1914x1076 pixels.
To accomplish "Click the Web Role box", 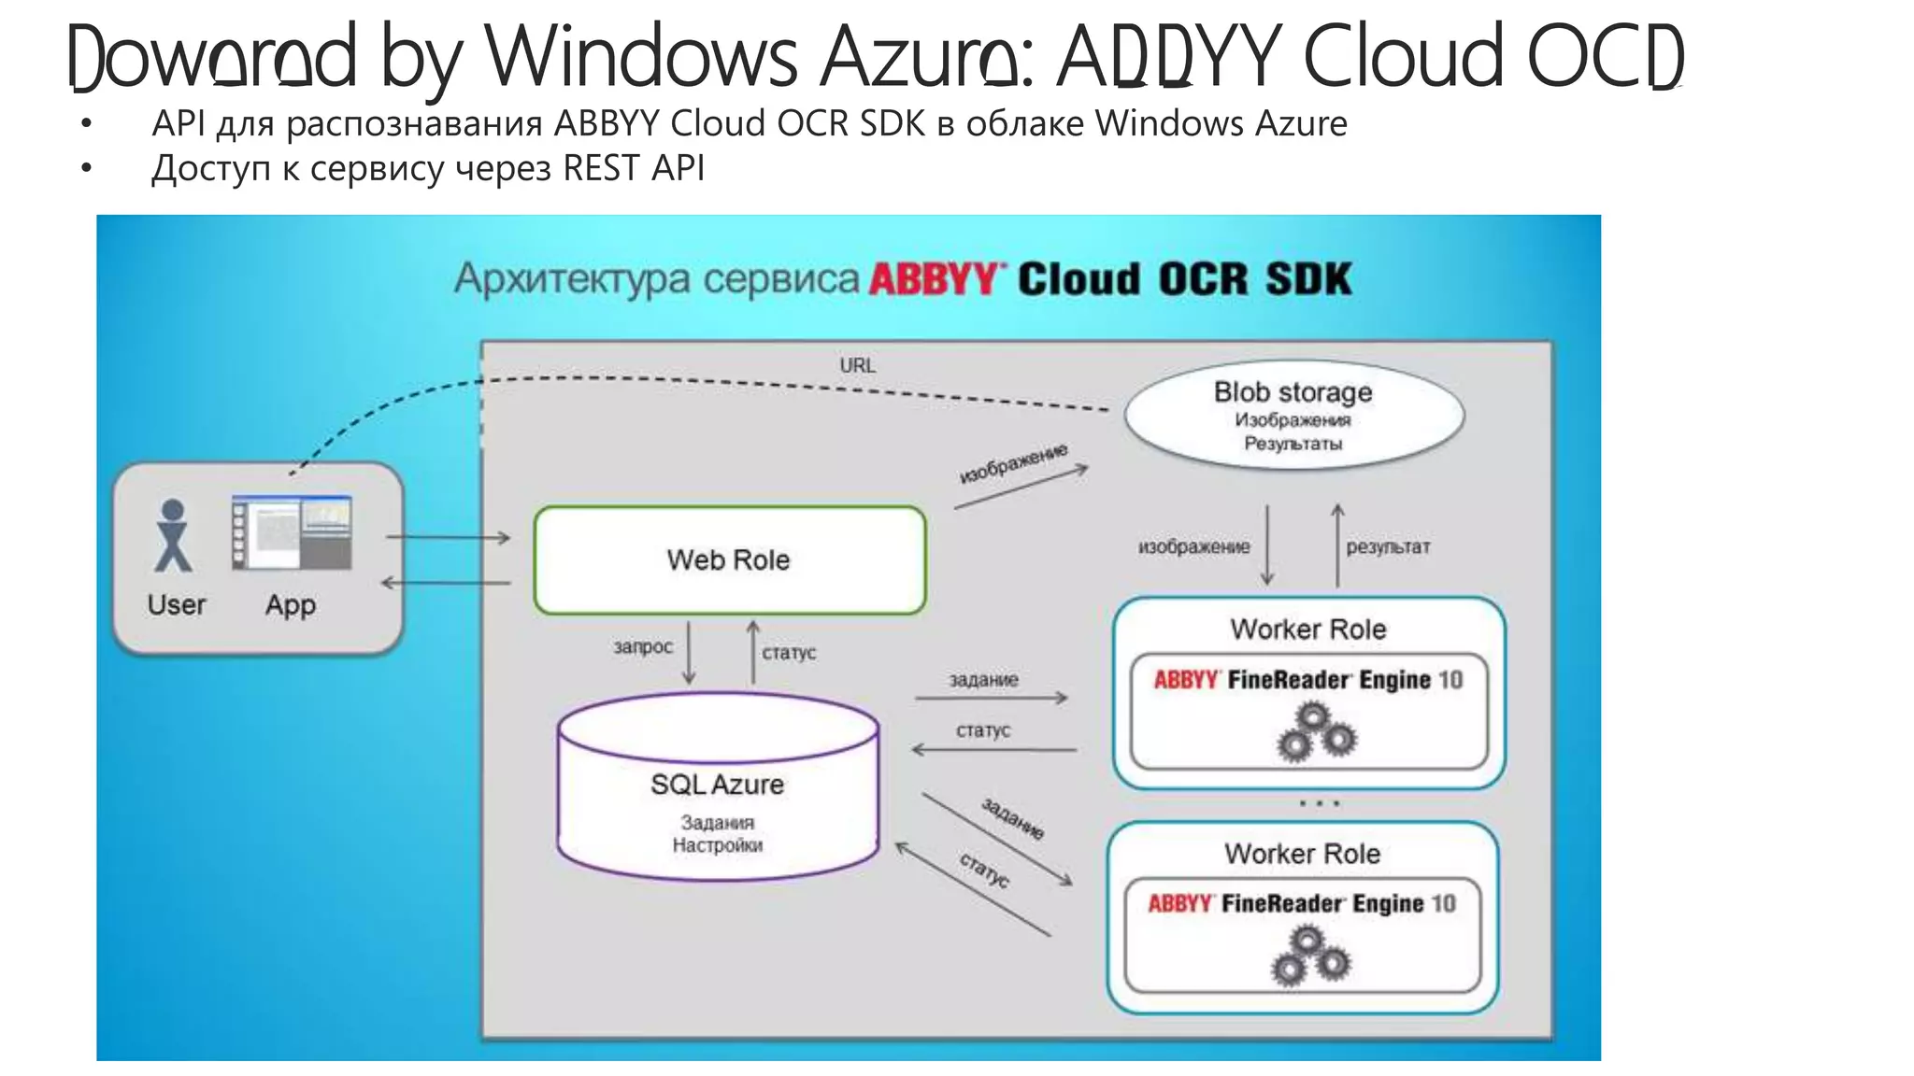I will tap(729, 560).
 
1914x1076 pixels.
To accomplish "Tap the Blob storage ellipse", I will tap(1293, 414).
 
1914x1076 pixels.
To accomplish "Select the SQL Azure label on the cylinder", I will tap(717, 785).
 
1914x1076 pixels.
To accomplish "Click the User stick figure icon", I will tap(173, 535).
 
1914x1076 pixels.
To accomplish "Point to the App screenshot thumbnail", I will tap(292, 532).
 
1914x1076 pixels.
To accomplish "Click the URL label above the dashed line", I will tap(857, 365).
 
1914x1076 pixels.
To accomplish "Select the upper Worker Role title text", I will tap(1307, 630).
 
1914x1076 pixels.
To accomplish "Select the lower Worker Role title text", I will tap(1302, 854).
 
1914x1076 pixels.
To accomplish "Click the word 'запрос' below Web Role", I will tap(643, 646).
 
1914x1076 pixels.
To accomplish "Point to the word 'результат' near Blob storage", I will tap(1388, 547).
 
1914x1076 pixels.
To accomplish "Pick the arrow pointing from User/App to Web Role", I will tap(448, 537).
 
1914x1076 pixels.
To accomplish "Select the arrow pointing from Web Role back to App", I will tap(446, 583).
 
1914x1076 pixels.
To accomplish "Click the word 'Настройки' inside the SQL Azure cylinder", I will tap(717, 845).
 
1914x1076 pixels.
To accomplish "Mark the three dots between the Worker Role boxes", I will tap(1320, 803).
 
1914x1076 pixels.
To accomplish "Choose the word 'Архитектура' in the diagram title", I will tap(574, 279).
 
